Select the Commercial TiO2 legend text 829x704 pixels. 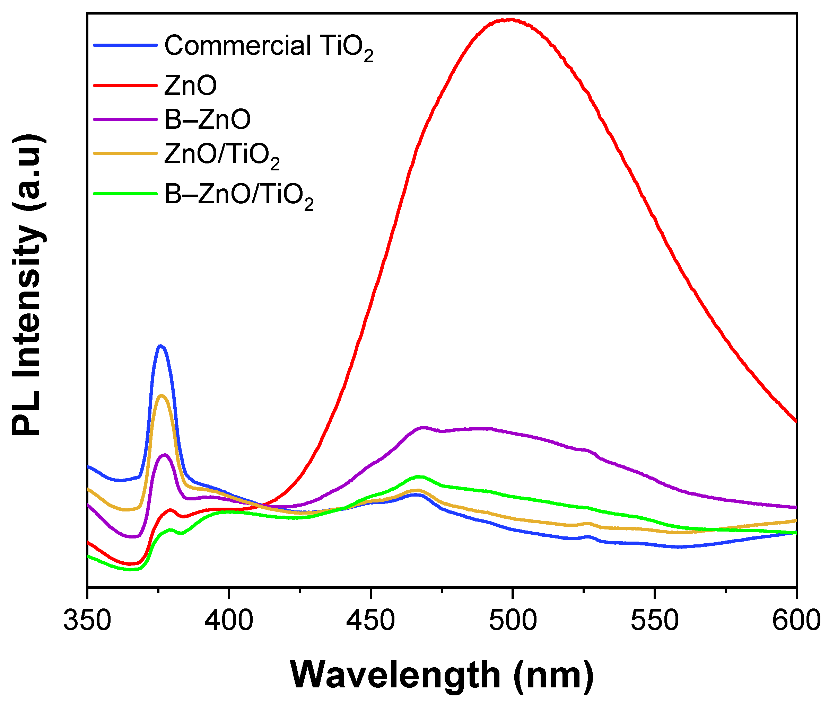pyautogui.click(x=268, y=47)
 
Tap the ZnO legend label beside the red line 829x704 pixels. pyautogui.click(x=190, y=86)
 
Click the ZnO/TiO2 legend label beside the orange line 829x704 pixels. pyautogui.click(x=221, y=155)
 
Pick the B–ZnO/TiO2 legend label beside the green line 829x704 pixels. pyautogui.click(x=239, y=196)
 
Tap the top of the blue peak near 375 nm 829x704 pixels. pyautogui.click(x=160, y=346)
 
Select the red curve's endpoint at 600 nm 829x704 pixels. pyautogui.click(x=795, y=421)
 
